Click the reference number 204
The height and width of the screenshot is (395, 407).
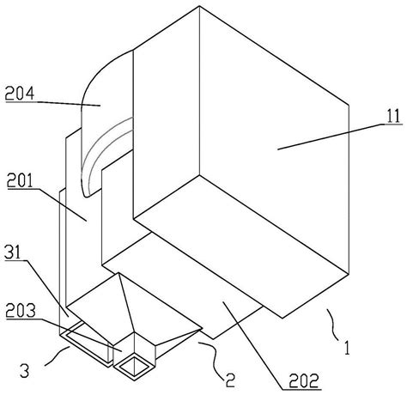20,94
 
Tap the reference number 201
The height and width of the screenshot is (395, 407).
20,181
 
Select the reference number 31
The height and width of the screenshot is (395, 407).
13,252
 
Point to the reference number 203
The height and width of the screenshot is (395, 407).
21,311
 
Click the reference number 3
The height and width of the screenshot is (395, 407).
25,371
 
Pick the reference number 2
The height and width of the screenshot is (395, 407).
229,380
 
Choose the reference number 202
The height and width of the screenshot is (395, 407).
304,380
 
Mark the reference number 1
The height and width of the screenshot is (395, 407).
347,348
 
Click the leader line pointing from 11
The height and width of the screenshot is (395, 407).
331,137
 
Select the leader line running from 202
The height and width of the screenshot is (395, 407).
252,345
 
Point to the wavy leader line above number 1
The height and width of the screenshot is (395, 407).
333,325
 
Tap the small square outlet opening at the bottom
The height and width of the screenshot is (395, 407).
134,367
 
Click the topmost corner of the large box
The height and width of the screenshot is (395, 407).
199,6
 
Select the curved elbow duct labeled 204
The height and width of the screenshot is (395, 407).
106,120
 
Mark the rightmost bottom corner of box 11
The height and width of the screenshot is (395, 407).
349,275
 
